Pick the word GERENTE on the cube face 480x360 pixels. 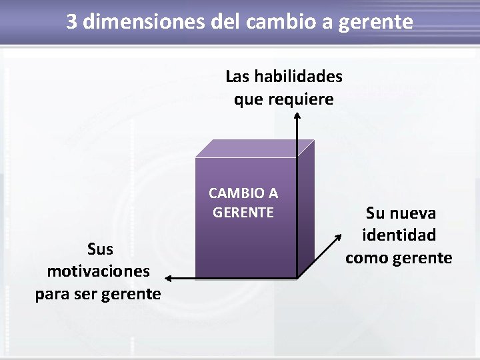click(x=243, y=213)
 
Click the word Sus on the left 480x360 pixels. click(x=100, y=249)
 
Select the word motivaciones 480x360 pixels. click(x=99, y=271)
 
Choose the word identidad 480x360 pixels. click(x=399, y=235)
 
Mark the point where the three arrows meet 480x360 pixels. click(x=297, y=277)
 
